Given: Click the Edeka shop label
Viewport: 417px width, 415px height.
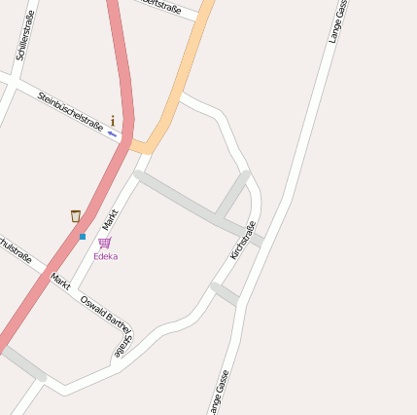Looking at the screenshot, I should coord(105,256).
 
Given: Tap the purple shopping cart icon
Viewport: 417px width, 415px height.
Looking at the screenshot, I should coord(104,243).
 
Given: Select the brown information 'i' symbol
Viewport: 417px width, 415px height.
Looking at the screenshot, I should coord(113,122).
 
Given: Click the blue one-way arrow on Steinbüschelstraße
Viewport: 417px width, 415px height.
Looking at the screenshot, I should coord(113,133).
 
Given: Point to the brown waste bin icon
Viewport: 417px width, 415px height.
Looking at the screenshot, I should coord(76,216).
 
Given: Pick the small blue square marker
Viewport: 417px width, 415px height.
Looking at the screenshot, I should coord(83,236).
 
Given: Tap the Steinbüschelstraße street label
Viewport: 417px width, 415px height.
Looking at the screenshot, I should coord(70,111).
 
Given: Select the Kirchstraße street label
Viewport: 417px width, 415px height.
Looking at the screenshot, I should coord(243,240).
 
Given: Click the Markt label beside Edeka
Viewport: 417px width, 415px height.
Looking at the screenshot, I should coord(110,218).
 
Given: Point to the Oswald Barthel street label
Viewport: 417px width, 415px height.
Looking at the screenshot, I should coord(105,313).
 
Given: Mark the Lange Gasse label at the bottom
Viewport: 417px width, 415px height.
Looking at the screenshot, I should coord(218,393).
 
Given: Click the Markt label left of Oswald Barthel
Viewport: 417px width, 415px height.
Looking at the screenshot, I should coord(61,281).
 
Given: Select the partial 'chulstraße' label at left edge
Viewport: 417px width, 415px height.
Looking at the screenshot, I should coord(15,248).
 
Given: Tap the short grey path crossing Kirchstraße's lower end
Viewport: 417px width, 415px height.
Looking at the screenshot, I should coord(224,293).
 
